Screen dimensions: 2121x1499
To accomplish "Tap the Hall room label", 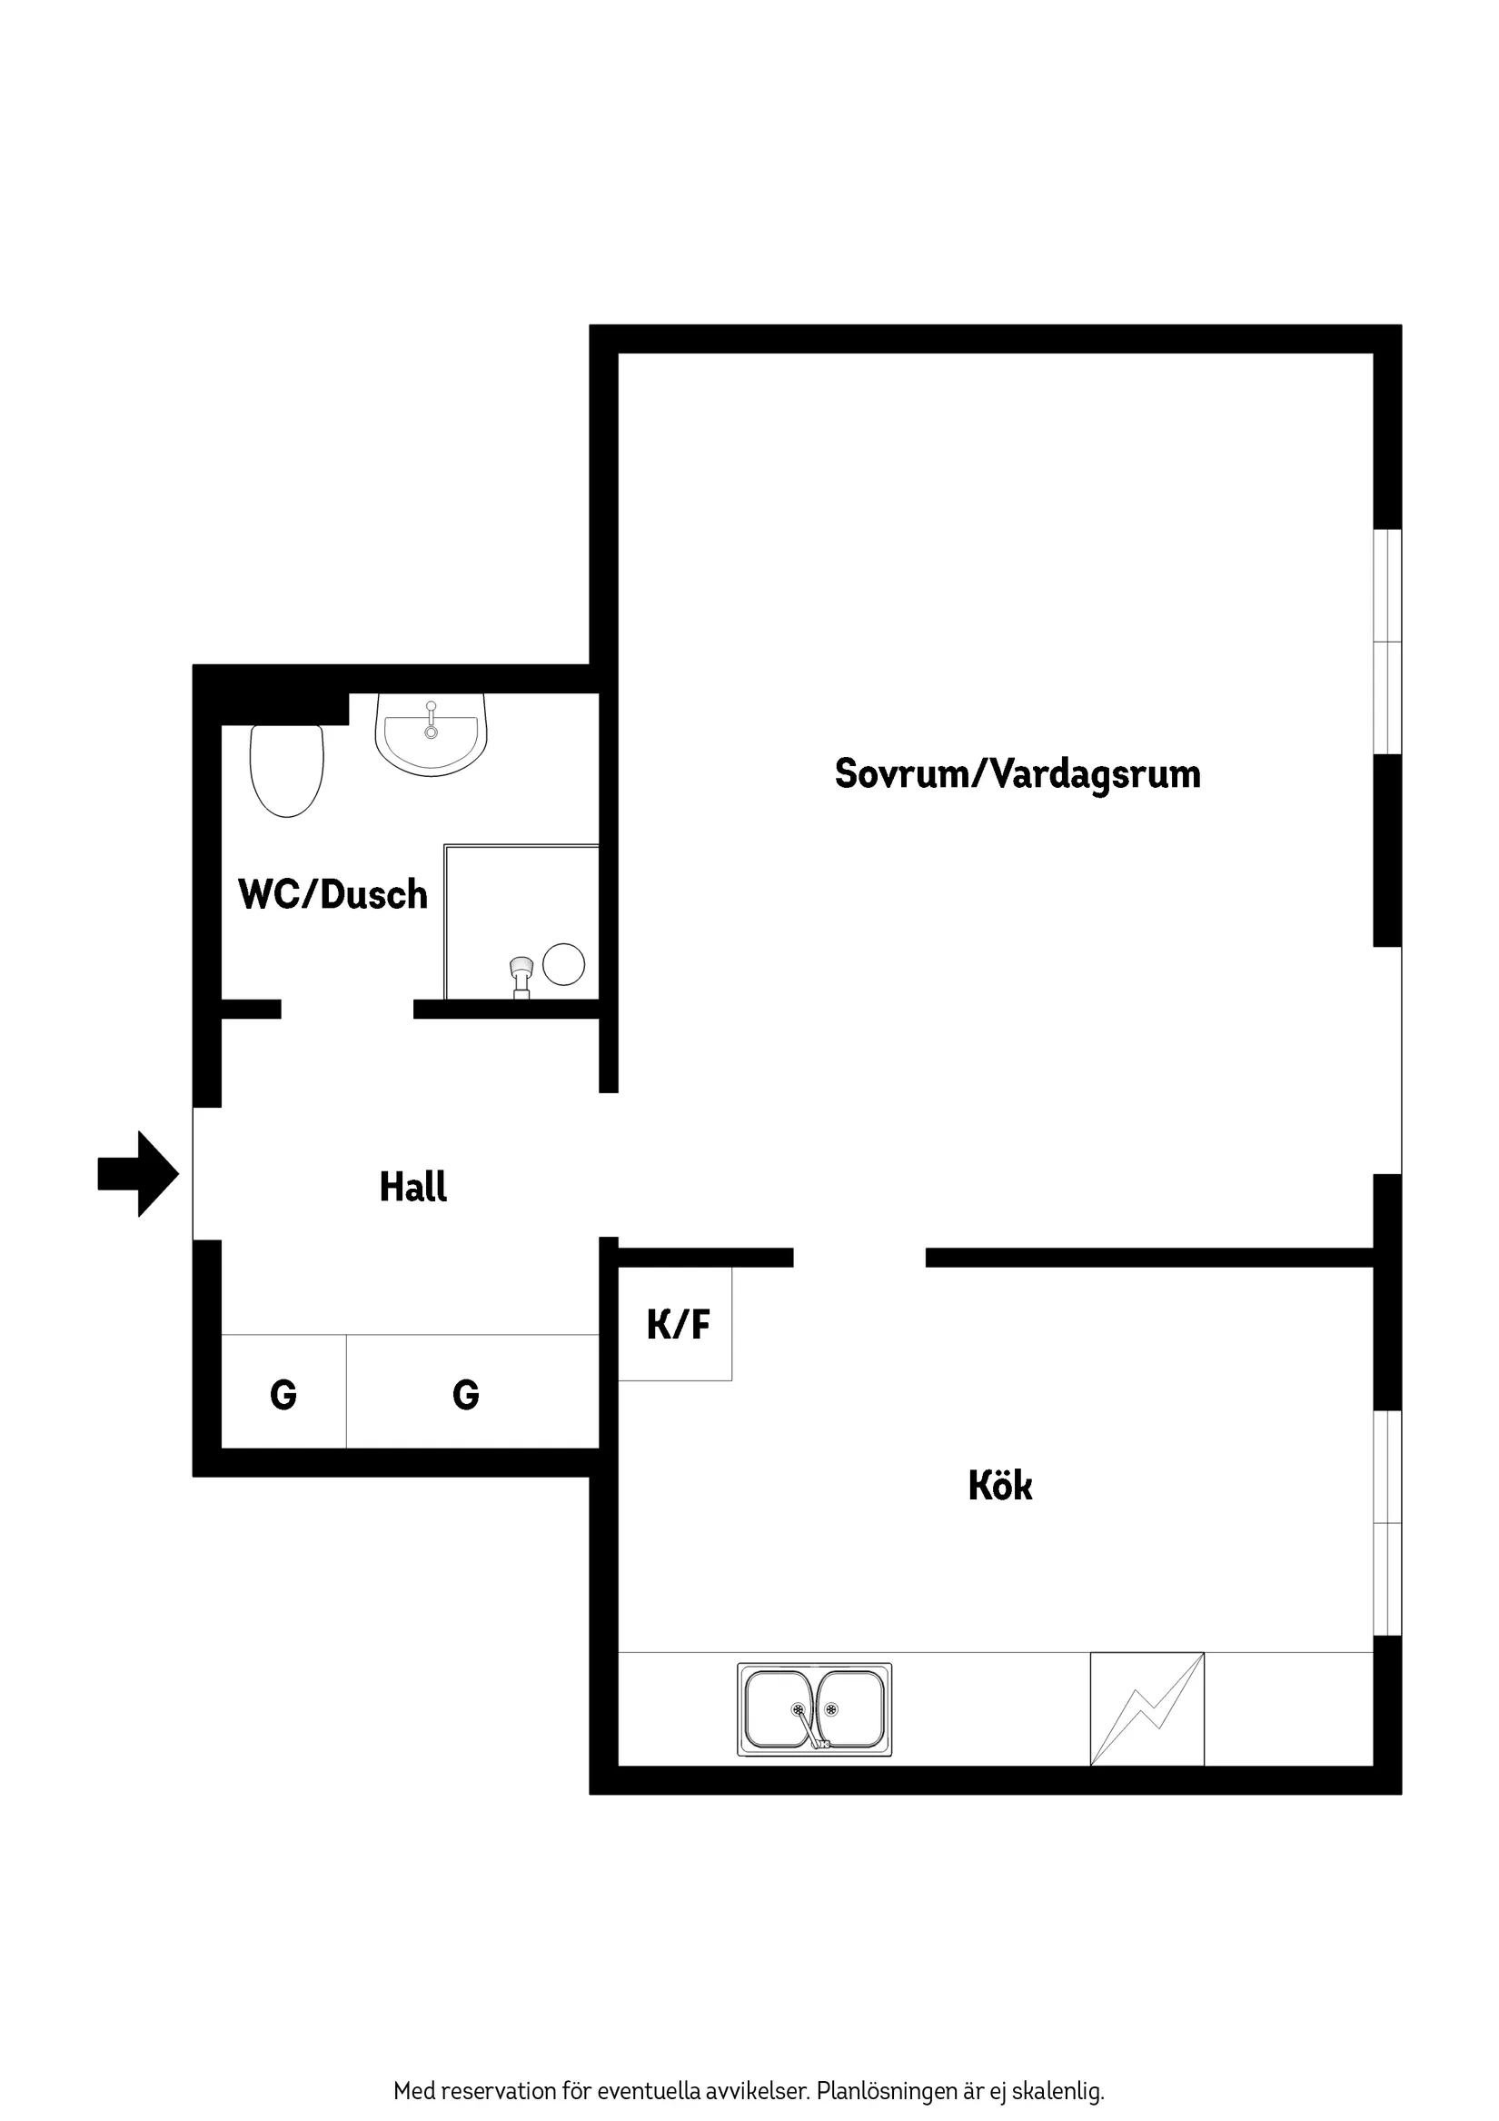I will pos(412,1187).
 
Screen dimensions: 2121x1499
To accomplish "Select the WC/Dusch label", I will pos(333,894).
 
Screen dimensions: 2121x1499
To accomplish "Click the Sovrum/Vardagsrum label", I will pos(1017,773).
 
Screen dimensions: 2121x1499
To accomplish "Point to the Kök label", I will pos(999,1486).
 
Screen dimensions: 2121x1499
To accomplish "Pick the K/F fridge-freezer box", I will pos(676,1324).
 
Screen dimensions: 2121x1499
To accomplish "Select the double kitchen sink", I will pos(814,1709).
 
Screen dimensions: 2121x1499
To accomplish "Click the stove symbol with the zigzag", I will pos(1147,1709).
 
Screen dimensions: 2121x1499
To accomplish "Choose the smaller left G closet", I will pos(283,1394).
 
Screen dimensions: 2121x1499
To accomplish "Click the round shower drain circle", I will pos(563,964).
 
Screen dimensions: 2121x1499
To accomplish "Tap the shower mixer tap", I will pos(521,974).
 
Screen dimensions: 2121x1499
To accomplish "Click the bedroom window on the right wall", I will pos(1387,642).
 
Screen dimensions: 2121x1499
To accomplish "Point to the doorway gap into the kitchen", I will pos(859,1258).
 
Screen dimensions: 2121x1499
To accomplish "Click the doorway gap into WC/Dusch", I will pos(347,1009).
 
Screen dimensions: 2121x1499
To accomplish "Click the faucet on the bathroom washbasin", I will pos(432,718).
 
